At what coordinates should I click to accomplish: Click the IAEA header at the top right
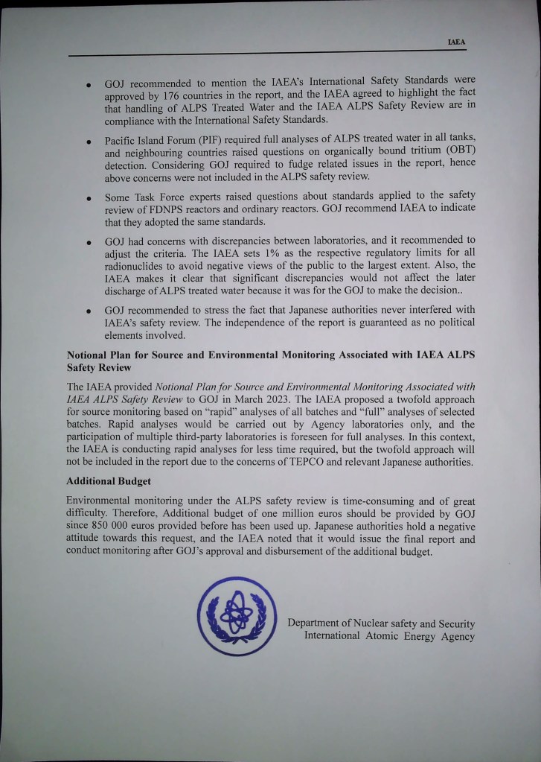[456, 42]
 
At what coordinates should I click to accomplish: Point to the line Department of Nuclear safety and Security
[380, 623]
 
